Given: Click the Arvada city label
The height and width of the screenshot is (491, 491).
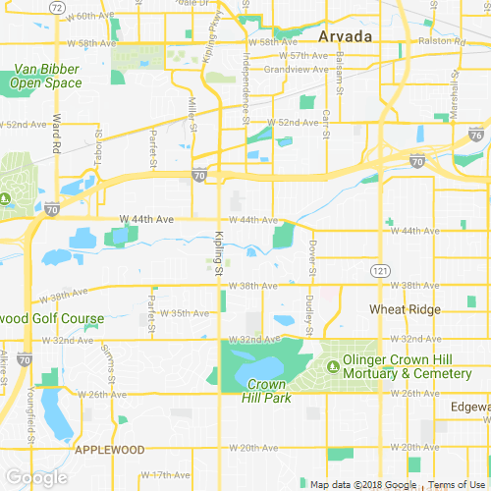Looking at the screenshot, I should pyautogui.click(x=345, y=36).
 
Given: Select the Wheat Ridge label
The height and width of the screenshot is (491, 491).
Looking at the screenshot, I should pyautogui.click(x=406, y=308).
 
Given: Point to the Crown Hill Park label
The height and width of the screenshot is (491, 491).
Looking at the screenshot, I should pyautogui.click(x=265, y=390).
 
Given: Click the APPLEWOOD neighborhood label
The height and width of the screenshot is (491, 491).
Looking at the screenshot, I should pyautogui.click(x=110, y=449).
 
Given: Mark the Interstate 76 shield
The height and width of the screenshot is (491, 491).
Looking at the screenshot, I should pyautogui.click(x=476, y=136).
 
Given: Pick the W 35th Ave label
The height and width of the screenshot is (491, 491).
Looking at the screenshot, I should pyautogui.click(x=188, y=313).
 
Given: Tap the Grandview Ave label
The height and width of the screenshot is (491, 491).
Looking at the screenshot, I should pyautogui.click(x=288, y=70).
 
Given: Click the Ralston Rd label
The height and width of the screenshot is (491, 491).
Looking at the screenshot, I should pyautogui.click(x=437, y=42).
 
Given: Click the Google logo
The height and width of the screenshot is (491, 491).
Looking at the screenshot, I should pyautogui.click(x=35, y=477).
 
